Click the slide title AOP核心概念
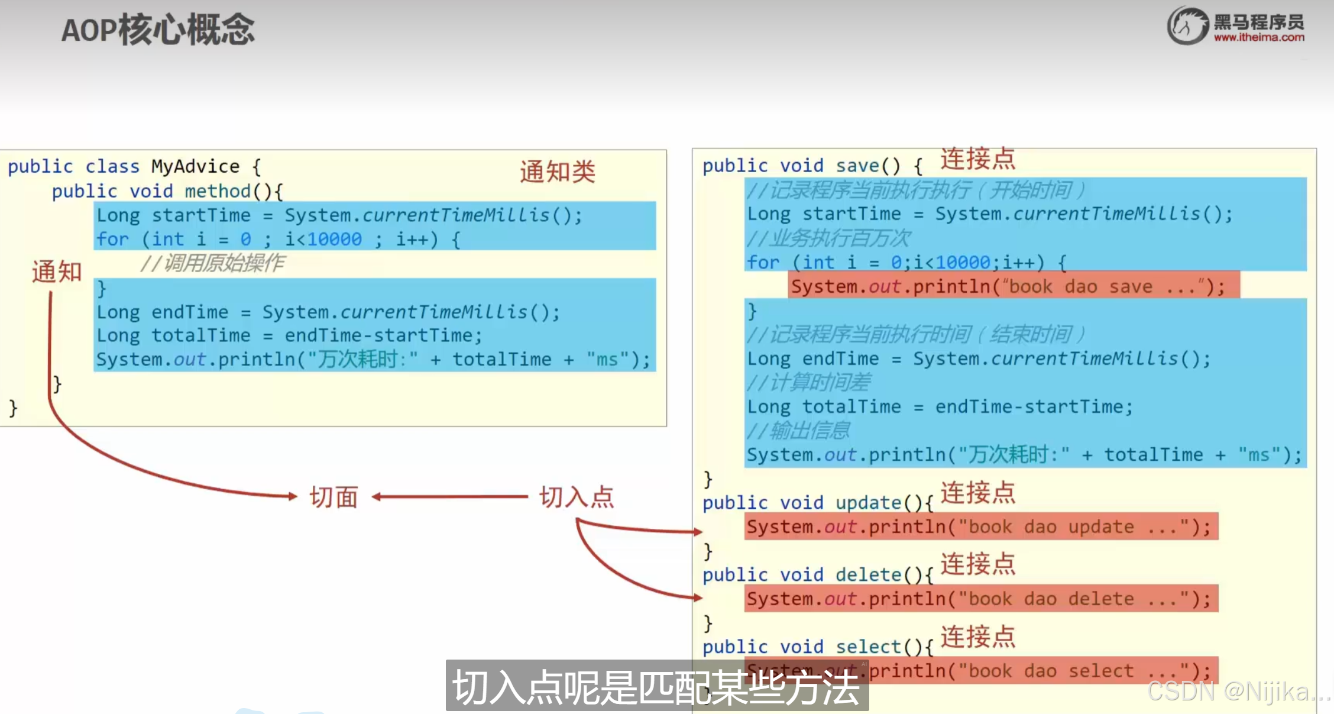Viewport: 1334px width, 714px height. click(x=158, y=30)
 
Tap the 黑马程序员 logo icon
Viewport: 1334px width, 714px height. click(x=1187, y=25)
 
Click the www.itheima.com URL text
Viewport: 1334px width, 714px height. click(x=1259, y=37)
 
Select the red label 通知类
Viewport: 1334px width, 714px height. click(x=558, y=172)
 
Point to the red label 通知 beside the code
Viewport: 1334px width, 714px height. click(x=57, y=272)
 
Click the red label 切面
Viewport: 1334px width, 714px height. click(x=334, y=497)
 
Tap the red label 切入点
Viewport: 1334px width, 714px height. click(x=577, y=497)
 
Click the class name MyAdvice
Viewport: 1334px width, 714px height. click(x=195, y=166)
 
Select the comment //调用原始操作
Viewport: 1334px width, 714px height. click(x=213, y=263)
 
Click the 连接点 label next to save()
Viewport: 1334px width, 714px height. click(x=978, y=159)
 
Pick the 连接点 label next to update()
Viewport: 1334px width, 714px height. click(x=978, y=492)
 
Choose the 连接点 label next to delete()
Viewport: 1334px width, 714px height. click(x=978, y=564)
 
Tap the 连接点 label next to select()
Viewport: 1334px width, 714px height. click(x=978, y=637)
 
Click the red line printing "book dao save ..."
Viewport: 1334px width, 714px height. click(x=1014, y=286)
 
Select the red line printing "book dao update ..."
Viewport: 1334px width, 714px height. click(x=981, y=526)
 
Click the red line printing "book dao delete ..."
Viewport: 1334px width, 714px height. click(x=981, y=599)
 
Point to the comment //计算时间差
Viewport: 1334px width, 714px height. click(x=809, y=383)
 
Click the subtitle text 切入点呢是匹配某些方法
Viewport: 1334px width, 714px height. click(x=656, y=687)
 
